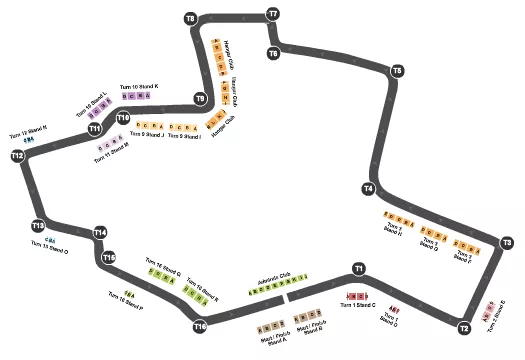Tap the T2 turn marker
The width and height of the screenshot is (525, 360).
[464, 327]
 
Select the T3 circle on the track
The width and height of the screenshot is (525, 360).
[507, 242]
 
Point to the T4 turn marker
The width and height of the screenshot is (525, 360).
[369, 188]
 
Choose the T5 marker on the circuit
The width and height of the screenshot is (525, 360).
[397, 71]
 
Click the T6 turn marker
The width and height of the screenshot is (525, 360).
[273, 52]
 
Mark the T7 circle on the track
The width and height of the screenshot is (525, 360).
[273, 14]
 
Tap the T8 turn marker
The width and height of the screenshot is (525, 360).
[191, 19]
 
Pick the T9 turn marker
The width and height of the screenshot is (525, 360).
[200, 99]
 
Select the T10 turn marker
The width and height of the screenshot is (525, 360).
[123, 117]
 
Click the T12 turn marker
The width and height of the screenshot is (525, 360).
[17, 156]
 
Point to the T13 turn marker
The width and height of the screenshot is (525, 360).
[38, 225]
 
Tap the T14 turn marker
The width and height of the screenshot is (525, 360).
[100, 233]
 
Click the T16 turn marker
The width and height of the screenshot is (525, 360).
[200, 326]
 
